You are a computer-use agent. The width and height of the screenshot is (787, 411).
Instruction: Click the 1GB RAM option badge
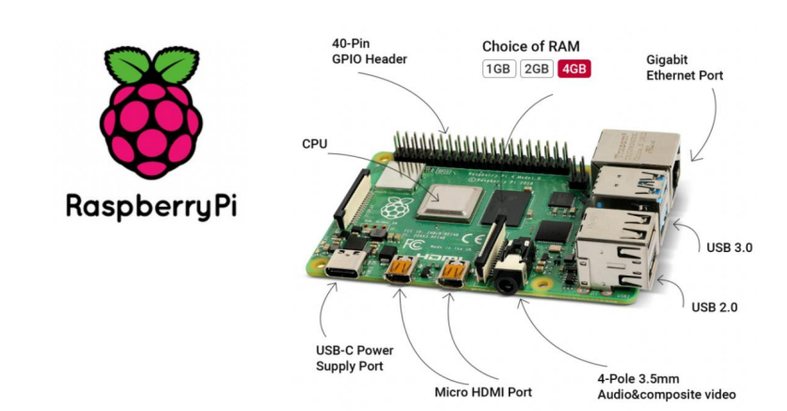click(x=498, y=69)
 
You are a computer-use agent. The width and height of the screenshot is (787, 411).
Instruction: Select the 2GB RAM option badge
click(x=536, y=69)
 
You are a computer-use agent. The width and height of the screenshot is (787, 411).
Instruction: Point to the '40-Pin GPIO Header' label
click(x=369, y=53)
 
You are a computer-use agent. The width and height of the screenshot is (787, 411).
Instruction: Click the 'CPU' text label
click(x=314, y=146)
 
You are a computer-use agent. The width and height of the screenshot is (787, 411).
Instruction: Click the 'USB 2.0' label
click(x=714, y=307)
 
